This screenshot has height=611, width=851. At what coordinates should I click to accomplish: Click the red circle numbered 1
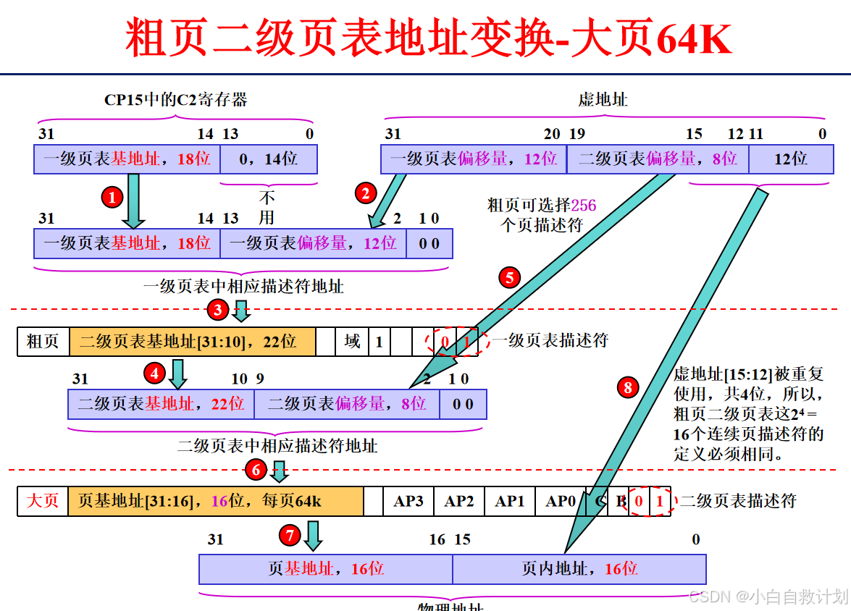click(x=112, y=196)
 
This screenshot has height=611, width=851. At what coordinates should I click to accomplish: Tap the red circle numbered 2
click(x=365, y=193)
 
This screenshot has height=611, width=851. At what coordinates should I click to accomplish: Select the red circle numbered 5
click(x=509, y=277)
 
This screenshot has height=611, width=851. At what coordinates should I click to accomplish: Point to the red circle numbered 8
click(x=627, y=387)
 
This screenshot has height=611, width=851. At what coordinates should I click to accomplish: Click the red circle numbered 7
click(x=289, y=536)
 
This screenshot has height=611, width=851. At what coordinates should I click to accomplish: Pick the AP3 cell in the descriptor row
click(x=408, y=501)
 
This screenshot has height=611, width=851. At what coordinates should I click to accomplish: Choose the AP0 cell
click(x=561, y=501)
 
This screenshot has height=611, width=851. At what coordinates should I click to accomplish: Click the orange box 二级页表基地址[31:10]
click(x=193, y=341)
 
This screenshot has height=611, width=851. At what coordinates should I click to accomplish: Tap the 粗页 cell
click(x=43, y=341)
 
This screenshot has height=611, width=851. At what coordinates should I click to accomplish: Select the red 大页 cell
click(x=43, y=501)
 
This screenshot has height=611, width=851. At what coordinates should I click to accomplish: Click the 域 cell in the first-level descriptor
click(x=353, y=341)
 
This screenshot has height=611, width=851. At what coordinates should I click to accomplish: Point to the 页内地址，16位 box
click(x=579, y=569)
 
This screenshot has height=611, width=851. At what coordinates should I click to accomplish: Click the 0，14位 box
click(x=269, y=159)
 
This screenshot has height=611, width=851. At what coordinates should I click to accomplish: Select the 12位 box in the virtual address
click(x=790, y=159)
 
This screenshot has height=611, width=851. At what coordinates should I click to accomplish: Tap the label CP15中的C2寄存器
click(x=176, y=100)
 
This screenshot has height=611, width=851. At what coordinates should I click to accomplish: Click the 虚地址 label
click(x=603, y=100)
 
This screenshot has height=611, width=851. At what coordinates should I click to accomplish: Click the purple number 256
click(x=584, y=206)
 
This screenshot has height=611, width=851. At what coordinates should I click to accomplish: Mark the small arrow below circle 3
click(x=241, y=313)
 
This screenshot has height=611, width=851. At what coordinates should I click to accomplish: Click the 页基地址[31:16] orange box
click(x=216, y=501)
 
